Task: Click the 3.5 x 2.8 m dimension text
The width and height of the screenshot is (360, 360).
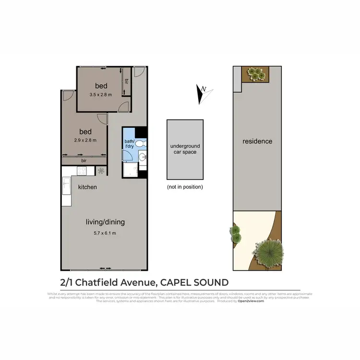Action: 101,95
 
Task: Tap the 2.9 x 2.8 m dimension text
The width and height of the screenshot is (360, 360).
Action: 85,140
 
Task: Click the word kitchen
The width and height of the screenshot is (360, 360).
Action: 87,187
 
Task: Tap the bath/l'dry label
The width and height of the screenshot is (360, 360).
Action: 130,144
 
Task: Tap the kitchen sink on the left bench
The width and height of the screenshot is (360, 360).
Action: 67,184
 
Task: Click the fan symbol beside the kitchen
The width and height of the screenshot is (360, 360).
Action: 101,170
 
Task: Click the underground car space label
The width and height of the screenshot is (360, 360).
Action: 185,149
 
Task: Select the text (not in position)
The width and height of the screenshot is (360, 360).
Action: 185,187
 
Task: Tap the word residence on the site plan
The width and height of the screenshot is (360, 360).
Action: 257,141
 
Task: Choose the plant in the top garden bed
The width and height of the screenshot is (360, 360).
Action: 256,73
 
